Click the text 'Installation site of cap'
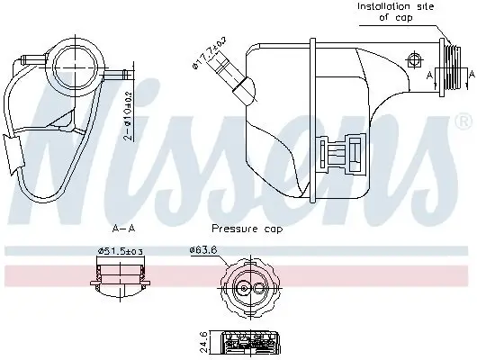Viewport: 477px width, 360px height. [x=395, y=11]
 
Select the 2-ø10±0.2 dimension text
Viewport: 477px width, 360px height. [x=130, y=118]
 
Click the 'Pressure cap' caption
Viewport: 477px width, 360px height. [x=247, y=229]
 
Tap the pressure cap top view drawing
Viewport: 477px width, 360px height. [x=247, y=289]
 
